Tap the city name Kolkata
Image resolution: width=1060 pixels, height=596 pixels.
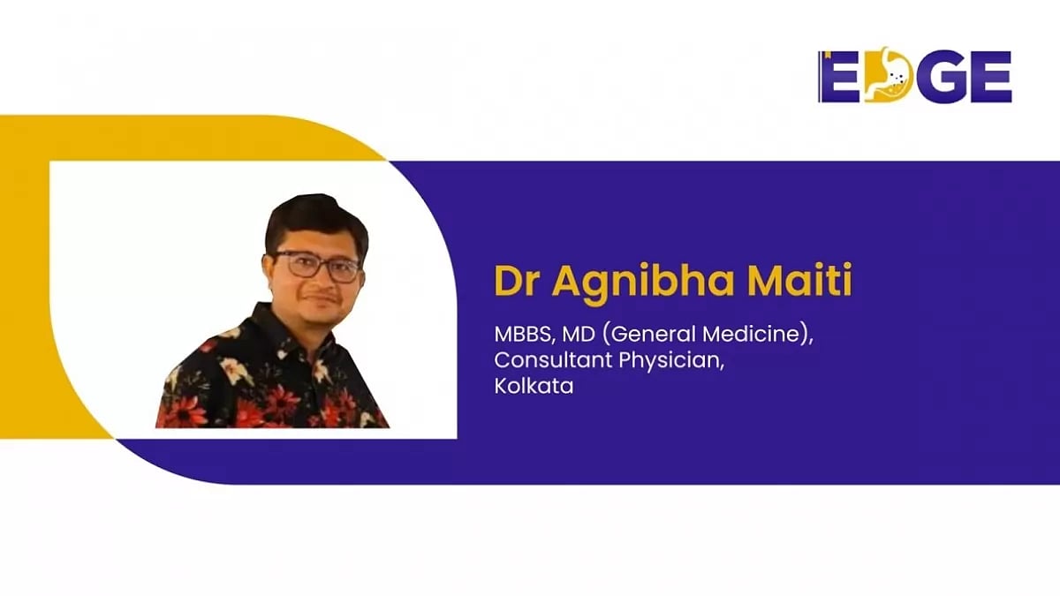point(534,387)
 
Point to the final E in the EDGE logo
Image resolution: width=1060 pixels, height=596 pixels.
point(987,77)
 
